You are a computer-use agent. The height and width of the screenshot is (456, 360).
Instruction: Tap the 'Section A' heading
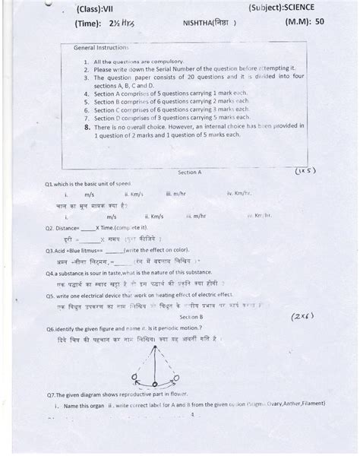click(190, 173)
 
